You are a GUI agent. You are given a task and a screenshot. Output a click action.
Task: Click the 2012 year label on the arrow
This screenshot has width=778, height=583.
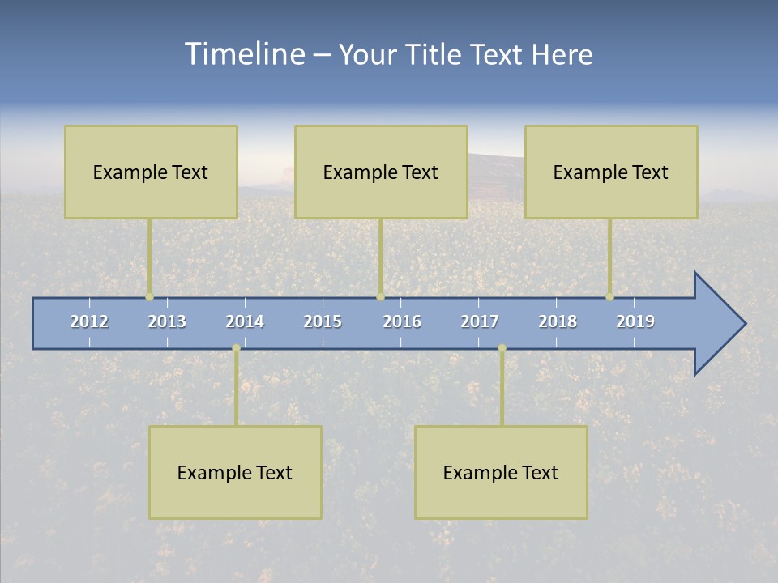pos(89,321)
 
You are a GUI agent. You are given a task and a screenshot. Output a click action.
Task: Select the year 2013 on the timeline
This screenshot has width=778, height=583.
pos(167,321)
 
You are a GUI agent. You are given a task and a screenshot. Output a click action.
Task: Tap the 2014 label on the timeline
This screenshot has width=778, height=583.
pos(245,321)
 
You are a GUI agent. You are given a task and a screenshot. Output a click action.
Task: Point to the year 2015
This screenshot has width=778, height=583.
pos(323,321)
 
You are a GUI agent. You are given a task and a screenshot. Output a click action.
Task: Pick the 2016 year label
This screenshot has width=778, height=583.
pos(402,321)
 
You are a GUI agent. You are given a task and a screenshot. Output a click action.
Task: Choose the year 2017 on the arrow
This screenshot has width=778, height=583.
pos(480,321)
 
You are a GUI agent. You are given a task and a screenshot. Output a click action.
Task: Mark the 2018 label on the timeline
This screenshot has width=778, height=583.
pos(558,321)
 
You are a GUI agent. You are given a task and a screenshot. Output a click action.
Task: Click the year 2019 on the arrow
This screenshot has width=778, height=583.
pos(635,321)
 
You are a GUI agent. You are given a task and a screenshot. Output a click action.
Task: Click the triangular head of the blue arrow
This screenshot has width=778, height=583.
pos(717,324)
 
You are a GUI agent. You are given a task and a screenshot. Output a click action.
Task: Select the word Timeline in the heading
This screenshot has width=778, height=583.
pos(243,54)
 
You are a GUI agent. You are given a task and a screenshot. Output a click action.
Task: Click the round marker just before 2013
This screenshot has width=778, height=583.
pos(149,296)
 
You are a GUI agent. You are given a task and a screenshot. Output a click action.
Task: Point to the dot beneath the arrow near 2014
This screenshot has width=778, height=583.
pos(236,348)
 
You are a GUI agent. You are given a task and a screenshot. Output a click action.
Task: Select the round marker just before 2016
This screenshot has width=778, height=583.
pos(380,296)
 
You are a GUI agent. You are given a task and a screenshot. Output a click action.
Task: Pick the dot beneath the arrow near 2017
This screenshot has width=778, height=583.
pos(502,348)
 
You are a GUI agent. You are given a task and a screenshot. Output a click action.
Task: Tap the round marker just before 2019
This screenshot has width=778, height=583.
pos(609,296)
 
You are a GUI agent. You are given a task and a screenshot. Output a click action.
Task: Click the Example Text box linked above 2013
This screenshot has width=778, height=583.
pos(151,172)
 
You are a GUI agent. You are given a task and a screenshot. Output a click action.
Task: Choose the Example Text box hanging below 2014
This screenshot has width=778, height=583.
pos(235,472)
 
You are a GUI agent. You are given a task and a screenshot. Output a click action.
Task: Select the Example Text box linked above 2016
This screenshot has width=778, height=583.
pos(381,172)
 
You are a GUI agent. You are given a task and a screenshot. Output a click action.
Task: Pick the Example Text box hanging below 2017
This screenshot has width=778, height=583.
pos(501,472)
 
